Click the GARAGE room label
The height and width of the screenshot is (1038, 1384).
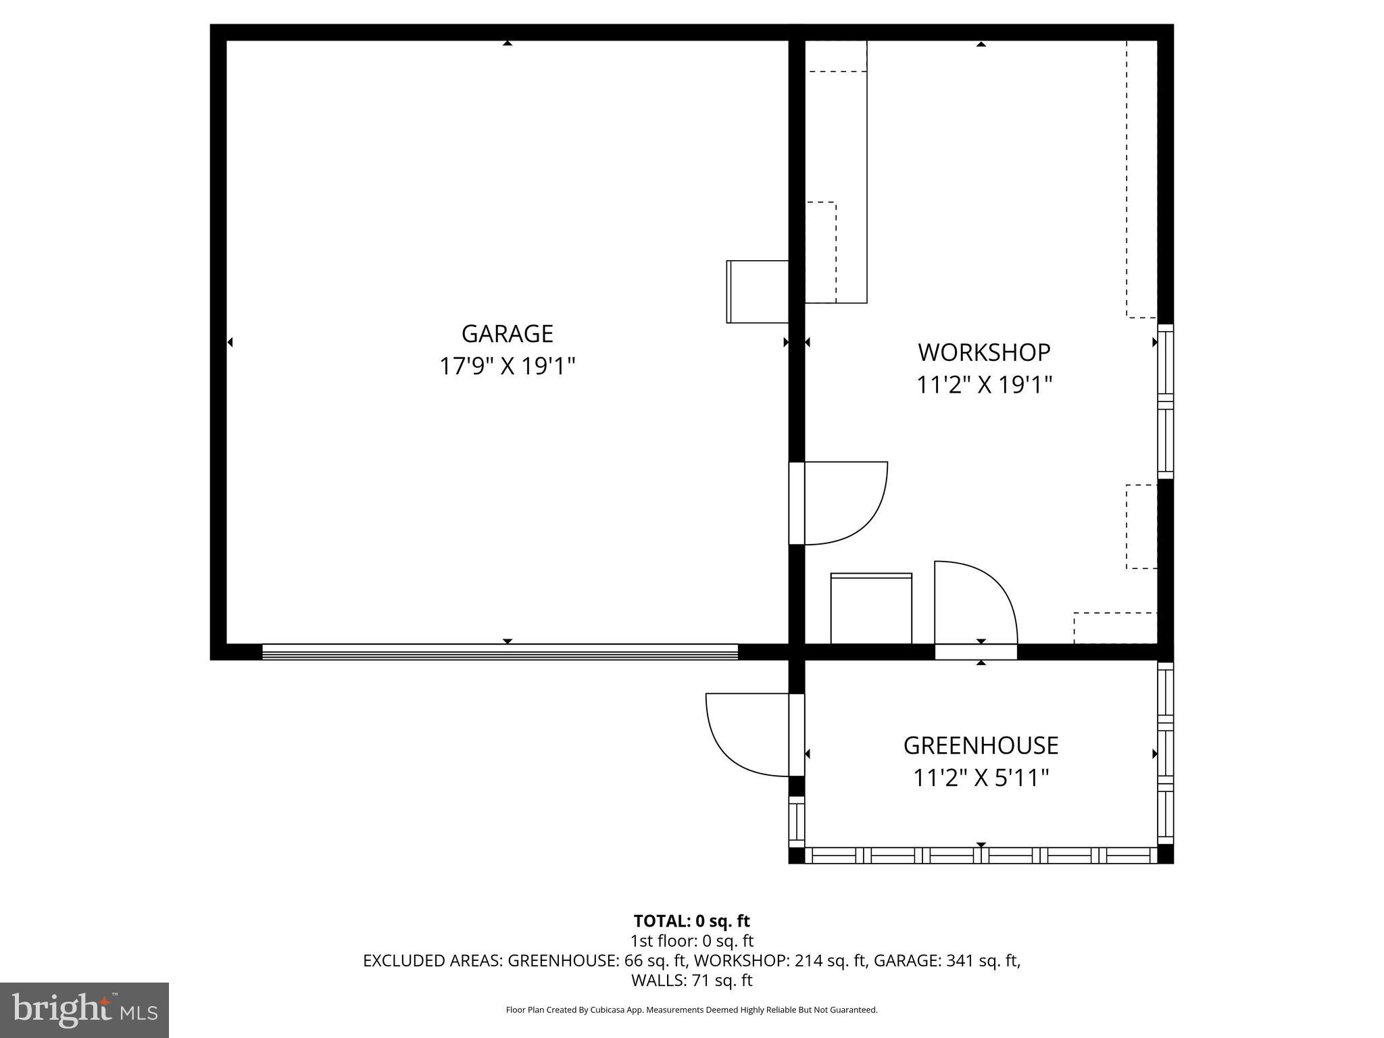coord(507,334)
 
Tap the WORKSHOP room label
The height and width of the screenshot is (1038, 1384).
coord(984,353)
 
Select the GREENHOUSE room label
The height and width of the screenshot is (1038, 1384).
coord(981,745)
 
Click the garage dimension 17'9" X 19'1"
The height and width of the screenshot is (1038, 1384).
coord(507,367)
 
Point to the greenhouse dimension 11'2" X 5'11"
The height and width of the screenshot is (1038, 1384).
coord(981,778)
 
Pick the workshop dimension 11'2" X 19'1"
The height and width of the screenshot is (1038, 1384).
coord(984,385)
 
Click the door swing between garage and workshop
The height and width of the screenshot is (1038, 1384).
coord(845,503)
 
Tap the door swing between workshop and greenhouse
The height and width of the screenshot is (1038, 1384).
coord(975,602)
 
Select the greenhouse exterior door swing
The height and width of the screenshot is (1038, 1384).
coord(747,735)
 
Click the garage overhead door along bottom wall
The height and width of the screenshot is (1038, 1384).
coord(500,652)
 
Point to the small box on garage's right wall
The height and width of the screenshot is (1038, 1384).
coord(757,292)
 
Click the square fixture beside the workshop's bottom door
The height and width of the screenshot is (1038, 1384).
coord(871,609)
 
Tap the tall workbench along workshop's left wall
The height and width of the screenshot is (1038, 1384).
coord(837,172)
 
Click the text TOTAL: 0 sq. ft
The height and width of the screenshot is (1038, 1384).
coord(691,921)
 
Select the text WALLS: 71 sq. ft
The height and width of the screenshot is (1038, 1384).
coord(691,980)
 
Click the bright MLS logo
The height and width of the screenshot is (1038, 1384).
coord(84,1010)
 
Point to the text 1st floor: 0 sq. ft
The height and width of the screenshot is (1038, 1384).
coord(691,941)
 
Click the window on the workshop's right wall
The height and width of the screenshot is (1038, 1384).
coord(1166,401)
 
